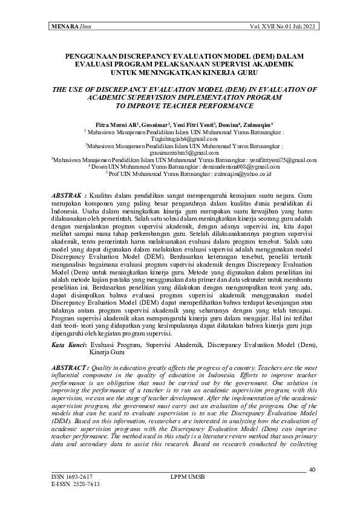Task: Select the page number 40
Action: pyautogui.click(x=312, y=470)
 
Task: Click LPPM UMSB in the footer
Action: pyautogui.click(x=188, y=477)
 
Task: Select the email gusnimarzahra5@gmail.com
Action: pyautogui.click(x=185, y=153)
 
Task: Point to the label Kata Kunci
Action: pyautogui.click(x=67, y=344)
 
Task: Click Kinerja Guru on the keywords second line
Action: pyautogui.click(x=107, y=351)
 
